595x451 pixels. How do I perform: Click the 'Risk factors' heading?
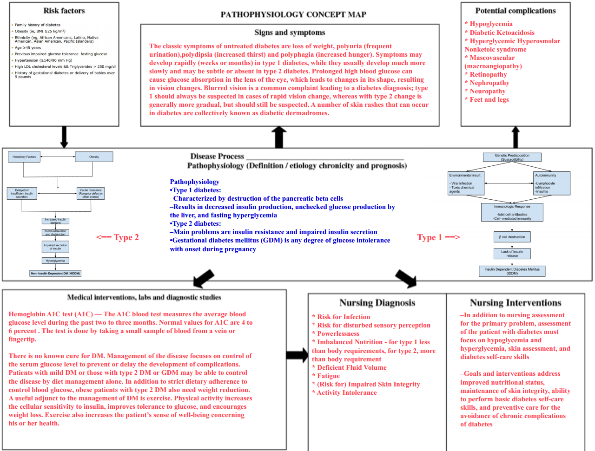click(64, 11)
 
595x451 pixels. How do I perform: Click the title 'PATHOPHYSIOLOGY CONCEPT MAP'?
click(293, 14)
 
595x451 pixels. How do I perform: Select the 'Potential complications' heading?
click(516, 11)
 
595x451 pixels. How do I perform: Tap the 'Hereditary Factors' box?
click(24, 157)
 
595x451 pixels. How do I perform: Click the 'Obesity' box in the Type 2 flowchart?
click(94, 157)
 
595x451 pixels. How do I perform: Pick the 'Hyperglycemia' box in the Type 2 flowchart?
click(55, 261)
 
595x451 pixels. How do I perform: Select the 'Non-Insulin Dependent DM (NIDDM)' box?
click(55, 274)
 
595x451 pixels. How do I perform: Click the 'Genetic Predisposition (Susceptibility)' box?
click(512, 157)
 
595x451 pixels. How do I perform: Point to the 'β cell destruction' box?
click(512, 237)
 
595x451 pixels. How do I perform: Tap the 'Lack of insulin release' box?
click(512, 254)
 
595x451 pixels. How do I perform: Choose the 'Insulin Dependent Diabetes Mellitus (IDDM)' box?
click(512, 271)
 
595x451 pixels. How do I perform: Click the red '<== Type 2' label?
click(118, 237)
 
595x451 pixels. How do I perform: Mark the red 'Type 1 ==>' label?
click(438, 237)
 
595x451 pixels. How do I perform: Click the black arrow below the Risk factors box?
click(64, 137)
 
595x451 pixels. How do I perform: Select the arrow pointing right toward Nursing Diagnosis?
click(297, 355)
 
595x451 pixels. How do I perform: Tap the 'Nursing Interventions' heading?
click(516, 303)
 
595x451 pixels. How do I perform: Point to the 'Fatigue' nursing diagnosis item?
click(328, 376)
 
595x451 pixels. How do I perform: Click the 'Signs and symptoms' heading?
click(290, 33)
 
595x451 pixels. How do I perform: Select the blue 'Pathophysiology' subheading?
click(194, 182)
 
